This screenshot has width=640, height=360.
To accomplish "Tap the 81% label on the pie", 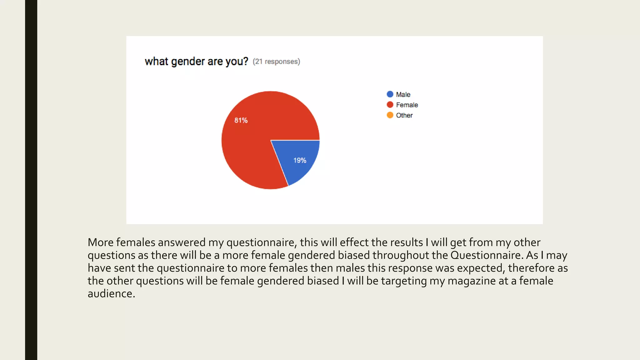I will (x=241, y=120).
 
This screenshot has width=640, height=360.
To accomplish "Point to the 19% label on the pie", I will (x=300, y=160).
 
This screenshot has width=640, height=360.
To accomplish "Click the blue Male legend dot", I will (x=390, y=94).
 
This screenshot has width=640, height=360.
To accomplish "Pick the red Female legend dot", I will (x=390, y=105).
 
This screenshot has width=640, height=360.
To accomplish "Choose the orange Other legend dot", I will (x=390, y=115).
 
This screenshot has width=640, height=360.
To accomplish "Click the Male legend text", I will (x=403, y=94).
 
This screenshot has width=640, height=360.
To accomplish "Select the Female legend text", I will (x=407, y=105).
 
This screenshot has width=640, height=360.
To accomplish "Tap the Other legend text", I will (x=404, y=115).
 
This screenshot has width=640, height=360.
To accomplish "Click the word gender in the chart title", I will (x=188, y=62).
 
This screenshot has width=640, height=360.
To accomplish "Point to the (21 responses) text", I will (x=276, y=62).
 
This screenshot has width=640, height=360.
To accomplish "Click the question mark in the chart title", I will (x=246, y=61).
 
